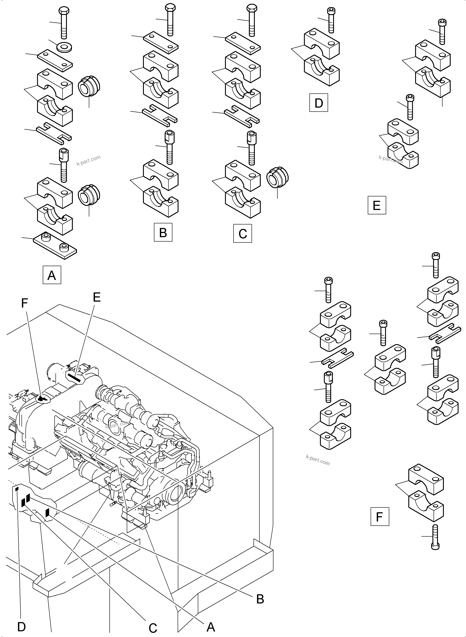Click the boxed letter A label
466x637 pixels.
pyautogui.click(x=52, y=275)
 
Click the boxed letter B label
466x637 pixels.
pyautogui.click(x=163, y=232)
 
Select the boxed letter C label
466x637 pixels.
pyautogui.click(x=243, y=233)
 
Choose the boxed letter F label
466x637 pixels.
pyautogui.click(x=379, y=517)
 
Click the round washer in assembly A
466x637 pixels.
pyautogui.click(x=64, y=47)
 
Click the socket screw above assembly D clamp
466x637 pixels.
pyautogui.click(x=331, y=20)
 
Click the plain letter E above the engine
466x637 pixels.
pyautogui.click(x=96, y=297)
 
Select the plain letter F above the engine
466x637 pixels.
pyautogui.click(x=25, y=303)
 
